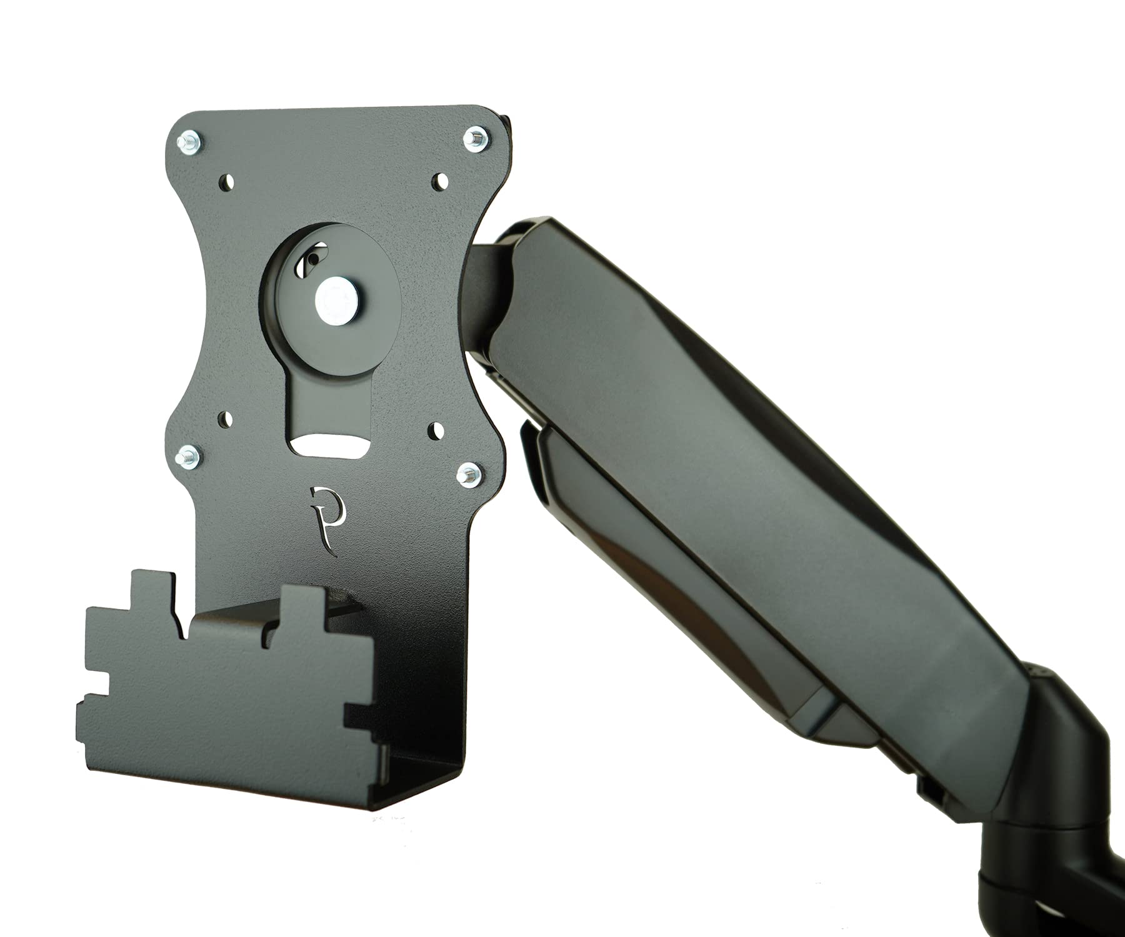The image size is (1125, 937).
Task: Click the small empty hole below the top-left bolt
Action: (227, 181)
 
